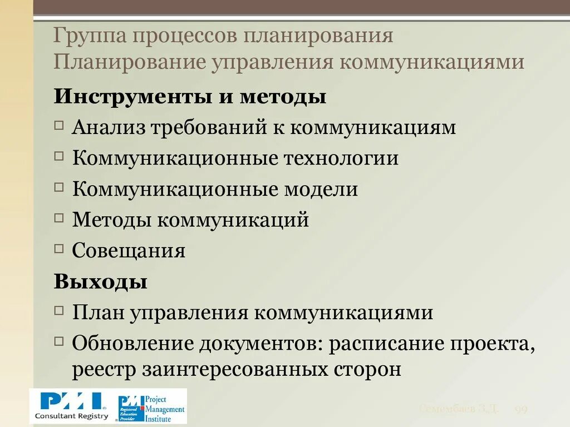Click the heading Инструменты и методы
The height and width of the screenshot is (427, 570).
tap(190, 97)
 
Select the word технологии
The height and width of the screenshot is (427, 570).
tap(342, 158)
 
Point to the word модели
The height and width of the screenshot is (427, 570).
tap(321, 190)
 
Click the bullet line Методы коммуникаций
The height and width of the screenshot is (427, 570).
tap(190, 220)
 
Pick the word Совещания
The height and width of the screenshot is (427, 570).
tap(129, 251)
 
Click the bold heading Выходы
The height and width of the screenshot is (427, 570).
tap(101, 281)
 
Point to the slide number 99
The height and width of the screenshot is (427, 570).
tap(521, 410)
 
